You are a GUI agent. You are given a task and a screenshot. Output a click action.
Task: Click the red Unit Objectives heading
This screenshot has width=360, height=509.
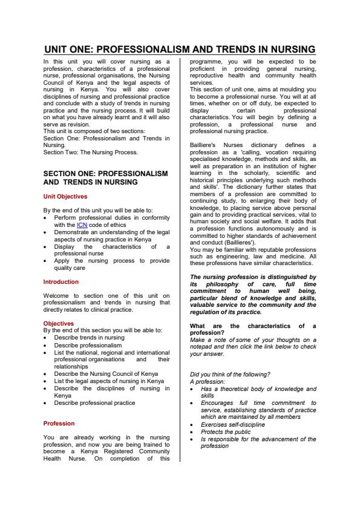click(65, 196)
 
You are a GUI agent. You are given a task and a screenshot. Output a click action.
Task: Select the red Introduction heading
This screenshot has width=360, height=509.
click(61, 282)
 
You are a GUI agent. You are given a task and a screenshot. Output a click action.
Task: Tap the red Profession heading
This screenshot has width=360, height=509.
click(59, 423)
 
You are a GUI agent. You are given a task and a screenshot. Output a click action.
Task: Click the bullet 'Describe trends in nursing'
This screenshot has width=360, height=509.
click(89, 337)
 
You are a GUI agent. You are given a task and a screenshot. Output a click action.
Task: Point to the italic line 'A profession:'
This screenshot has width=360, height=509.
click(207, 381)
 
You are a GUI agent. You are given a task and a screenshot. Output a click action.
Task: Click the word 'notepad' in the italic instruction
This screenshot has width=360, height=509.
click(202, 347)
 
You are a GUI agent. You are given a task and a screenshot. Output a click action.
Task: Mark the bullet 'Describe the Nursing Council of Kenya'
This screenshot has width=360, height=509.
click(103, 374)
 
